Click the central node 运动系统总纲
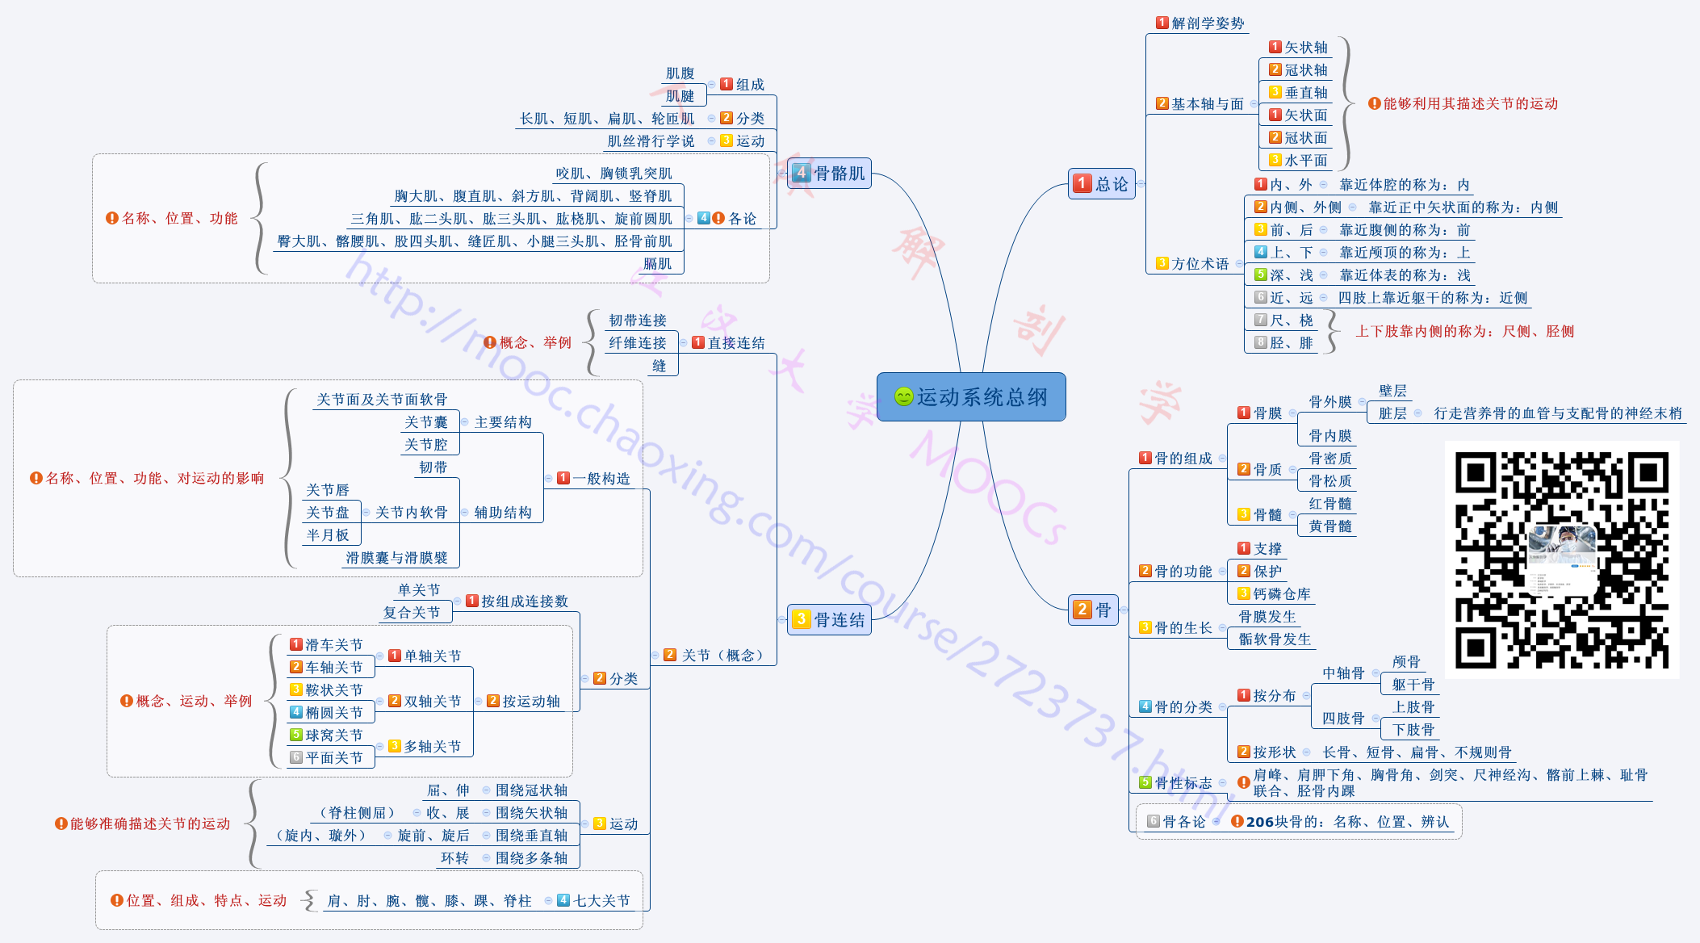(971, 397)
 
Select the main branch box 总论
(1102, 184)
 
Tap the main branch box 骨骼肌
(829, 173)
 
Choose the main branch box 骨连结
(829, 619)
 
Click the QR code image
(1561, 560)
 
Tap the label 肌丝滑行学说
(651, 141)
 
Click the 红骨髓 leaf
(1329, 504)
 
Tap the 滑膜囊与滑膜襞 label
(396, 558)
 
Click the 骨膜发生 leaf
(1267, 617)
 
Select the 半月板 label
(328, 535)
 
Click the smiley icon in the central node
(903, 397)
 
